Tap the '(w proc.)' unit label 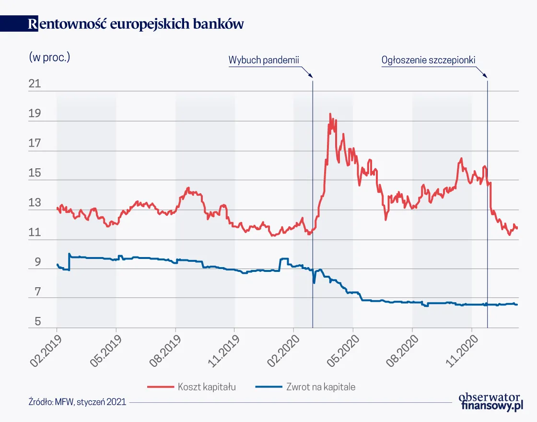(x=50, y=57)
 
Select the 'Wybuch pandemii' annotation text (x=264, y=60)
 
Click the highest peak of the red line (x=330, y=114)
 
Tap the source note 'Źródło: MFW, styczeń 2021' (x=77, y=402)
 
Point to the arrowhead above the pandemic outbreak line (x=310, y=75)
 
